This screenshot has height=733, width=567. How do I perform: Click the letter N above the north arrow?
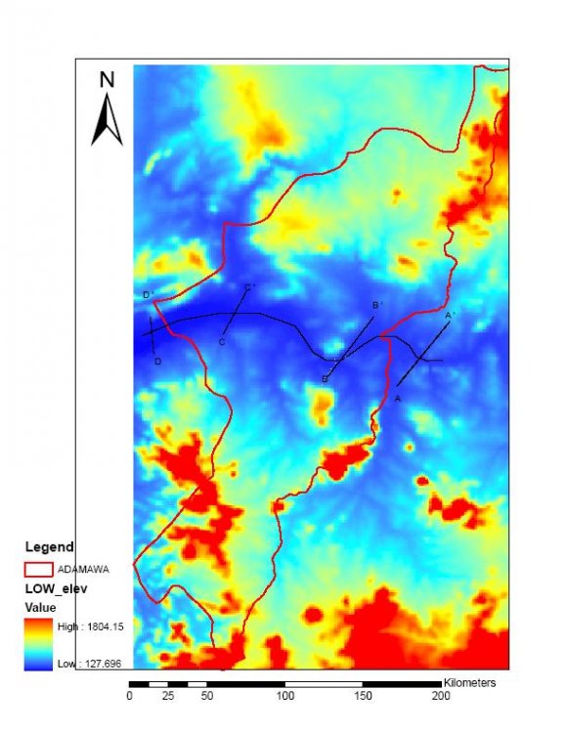point(108,80)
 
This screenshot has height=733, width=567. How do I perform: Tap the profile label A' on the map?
point(450,316)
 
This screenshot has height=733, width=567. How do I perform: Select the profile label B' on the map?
point(377,306)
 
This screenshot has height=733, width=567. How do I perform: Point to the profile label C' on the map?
point(248,287)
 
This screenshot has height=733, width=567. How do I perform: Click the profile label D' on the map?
point(148,295)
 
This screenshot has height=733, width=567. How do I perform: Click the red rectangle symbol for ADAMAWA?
point(38,568)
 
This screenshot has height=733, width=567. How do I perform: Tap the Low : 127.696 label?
point(94,664)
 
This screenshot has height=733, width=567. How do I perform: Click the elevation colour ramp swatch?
point(39,645)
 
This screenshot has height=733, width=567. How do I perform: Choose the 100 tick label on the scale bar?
point(284,696)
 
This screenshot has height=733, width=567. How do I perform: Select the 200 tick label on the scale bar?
point(441,696)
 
